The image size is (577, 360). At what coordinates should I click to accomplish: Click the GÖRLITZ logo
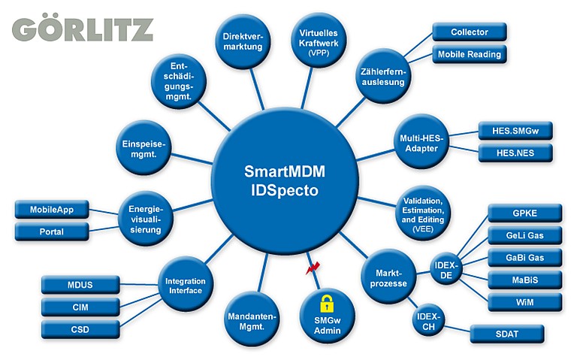(83, 29)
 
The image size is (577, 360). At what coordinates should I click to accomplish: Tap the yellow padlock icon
(327, 304)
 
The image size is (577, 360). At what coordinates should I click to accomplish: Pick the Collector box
(470, 32)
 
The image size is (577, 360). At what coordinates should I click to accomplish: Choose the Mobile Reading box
(470, 54)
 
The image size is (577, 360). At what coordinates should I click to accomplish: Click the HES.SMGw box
(515, 131)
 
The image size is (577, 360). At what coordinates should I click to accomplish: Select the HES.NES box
(515, 153)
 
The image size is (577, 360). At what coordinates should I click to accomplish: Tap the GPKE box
(524, 213)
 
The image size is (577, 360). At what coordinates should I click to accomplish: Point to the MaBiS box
(524, 280)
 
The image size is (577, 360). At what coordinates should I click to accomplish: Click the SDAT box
(506, 332)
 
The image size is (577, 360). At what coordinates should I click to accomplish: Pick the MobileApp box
(52, 209)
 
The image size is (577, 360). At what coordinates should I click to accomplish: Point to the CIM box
(80, 307)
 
